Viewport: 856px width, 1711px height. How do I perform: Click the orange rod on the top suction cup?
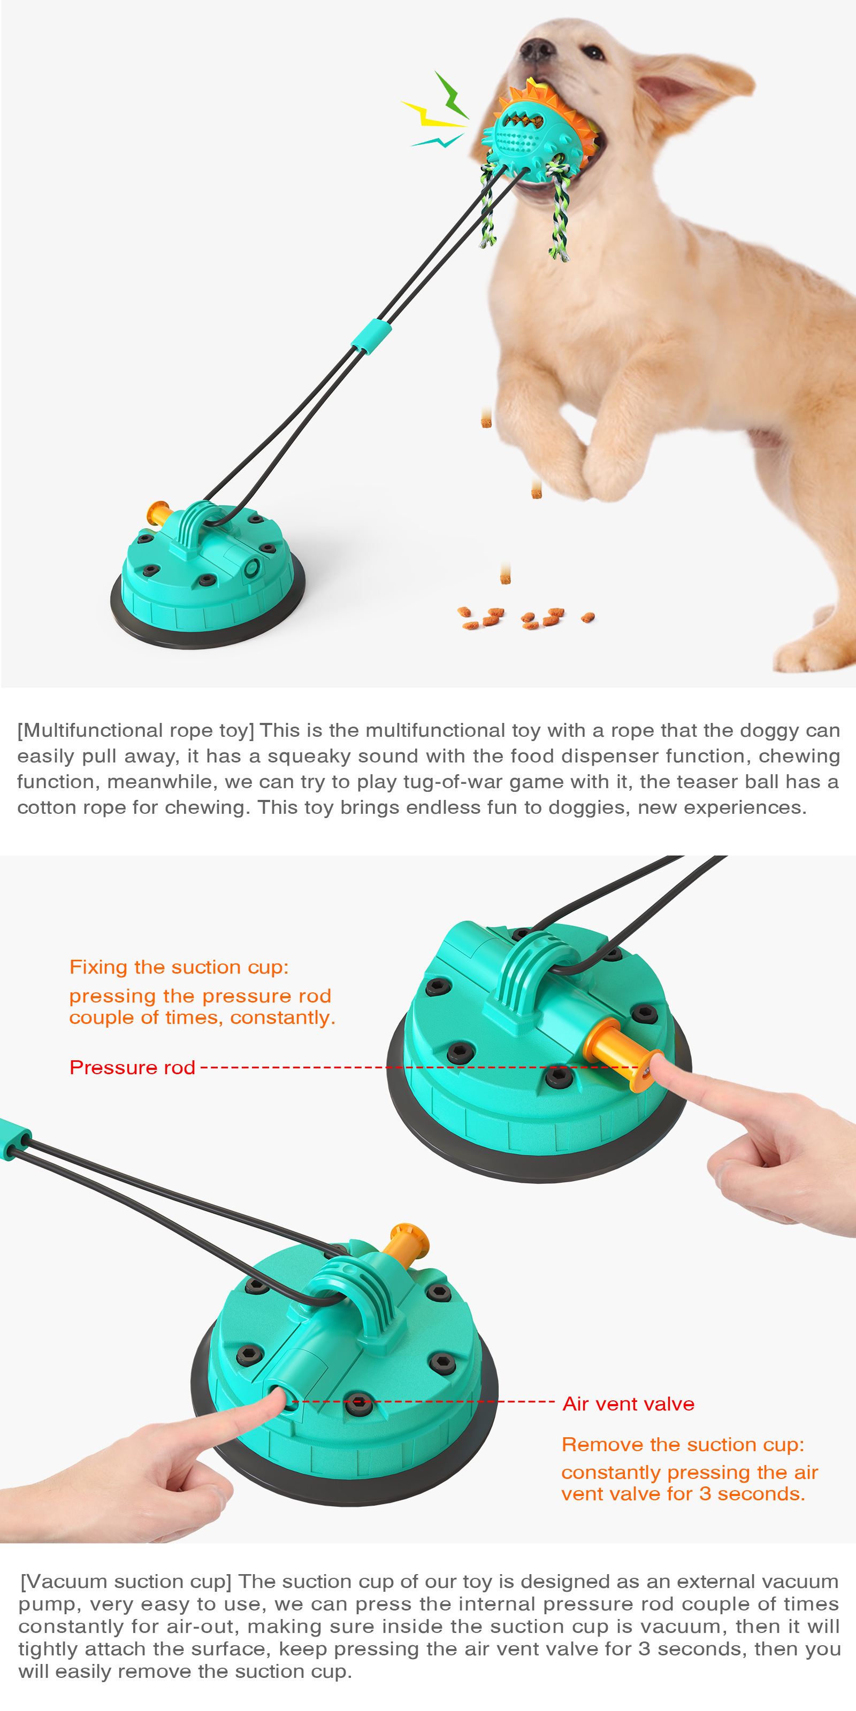(158, 512)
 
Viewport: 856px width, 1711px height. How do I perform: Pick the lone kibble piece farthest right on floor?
(587, 617)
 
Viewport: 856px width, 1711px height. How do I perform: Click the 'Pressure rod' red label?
(132, 1067)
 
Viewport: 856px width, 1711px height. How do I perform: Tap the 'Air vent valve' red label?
(628, 1404)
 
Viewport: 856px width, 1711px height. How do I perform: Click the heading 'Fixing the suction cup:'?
(179, 967)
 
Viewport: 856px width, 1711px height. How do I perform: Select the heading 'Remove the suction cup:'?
(683, 1444)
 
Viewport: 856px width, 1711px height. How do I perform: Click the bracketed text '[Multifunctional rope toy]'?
(135, 730)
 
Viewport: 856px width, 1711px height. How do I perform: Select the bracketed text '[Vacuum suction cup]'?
(126, 1581)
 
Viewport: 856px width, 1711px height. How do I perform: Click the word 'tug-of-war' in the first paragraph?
(437, 782)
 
